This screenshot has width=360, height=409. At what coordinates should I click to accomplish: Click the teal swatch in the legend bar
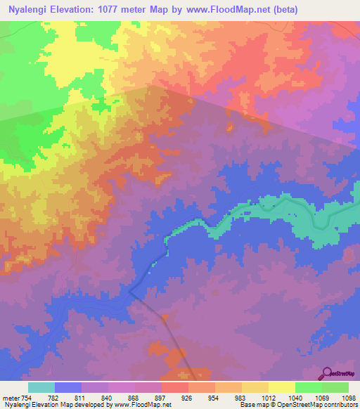[41, 387]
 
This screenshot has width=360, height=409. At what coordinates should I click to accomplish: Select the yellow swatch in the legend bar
[281, 387]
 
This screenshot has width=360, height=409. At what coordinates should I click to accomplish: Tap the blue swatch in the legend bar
[68, 387]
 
